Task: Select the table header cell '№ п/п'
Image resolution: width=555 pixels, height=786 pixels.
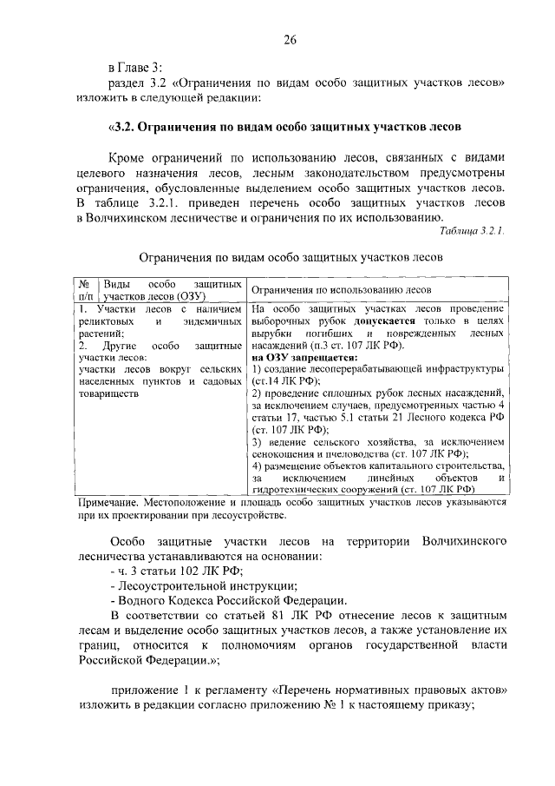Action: click(x=86, y=289)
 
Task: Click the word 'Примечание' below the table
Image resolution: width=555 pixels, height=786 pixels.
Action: click(x=103, y=503)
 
